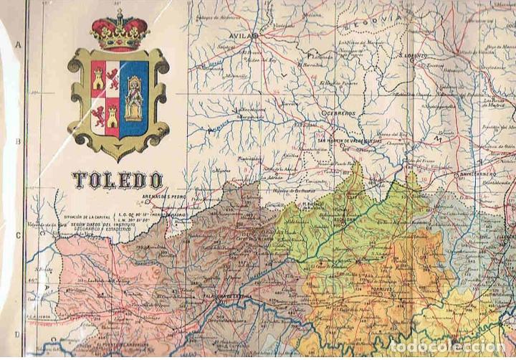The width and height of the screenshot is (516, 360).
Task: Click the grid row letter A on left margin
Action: [x=15, y=45]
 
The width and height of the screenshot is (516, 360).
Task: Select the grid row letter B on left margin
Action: [x=15, y=141]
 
